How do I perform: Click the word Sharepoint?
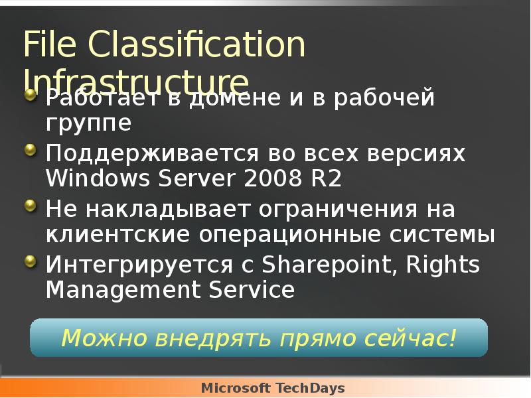[323, 265]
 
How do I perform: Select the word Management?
[118, 290]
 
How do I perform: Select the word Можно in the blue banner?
[105, 338]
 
